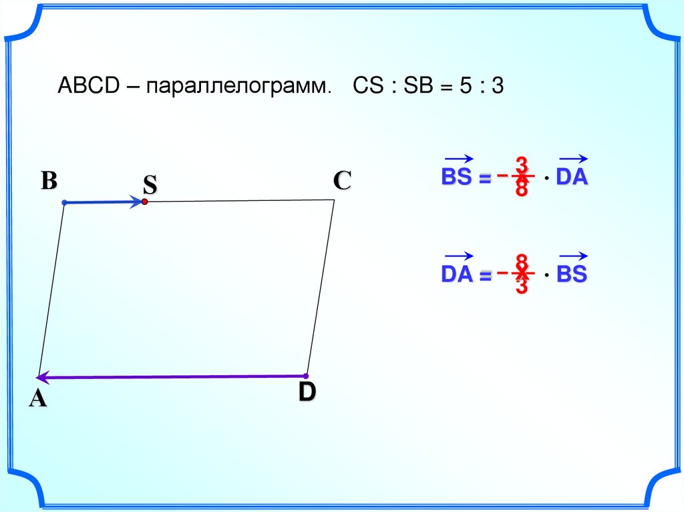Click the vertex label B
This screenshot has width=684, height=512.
pos(49,181)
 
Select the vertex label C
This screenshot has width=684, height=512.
pos(341,181)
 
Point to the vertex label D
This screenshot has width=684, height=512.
pos(307,393)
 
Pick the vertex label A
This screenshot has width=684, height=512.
pos(37,399)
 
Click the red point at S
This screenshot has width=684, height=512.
pos(144,201)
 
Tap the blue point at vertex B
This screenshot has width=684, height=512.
pos(64,202)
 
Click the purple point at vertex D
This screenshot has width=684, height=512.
pos(306,376)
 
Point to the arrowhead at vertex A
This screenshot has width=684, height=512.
pos(41,377)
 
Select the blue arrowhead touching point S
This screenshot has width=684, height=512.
pos(138,201)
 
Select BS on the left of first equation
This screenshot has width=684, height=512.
pos(457,178)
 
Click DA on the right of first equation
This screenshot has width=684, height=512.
pos(573,178)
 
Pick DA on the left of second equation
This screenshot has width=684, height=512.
pos(457,274)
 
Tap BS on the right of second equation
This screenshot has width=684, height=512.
pos(573,274)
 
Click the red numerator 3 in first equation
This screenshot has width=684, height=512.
pos(522,164)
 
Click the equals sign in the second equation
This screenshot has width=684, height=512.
pos(484,276)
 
